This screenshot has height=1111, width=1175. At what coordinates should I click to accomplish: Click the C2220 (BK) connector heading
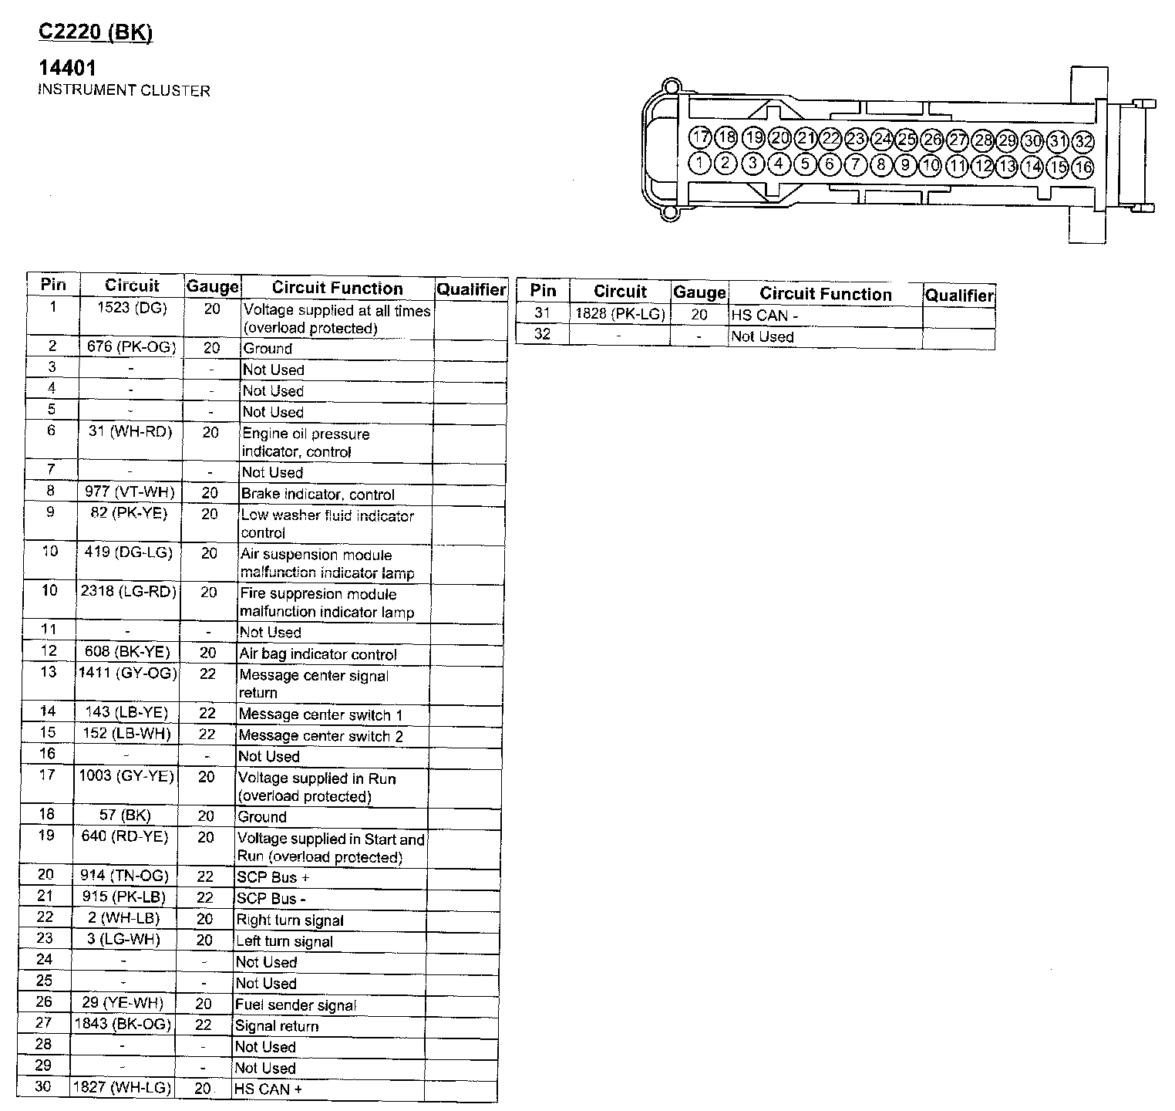96,33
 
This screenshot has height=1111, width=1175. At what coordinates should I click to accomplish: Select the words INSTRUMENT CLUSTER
123,90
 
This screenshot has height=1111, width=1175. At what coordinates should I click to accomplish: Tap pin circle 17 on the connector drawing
700,138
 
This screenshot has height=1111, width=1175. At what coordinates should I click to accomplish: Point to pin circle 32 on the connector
1083,141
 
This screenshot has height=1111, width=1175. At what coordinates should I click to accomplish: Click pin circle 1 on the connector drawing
700,163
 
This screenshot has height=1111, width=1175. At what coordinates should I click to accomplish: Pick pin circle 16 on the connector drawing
1083,167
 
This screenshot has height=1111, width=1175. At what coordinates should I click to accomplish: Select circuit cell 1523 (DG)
132,309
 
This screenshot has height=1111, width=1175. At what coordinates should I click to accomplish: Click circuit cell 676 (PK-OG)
131,347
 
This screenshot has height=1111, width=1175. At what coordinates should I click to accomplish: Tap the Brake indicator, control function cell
318,494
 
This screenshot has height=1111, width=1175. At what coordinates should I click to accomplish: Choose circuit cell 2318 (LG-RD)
129,592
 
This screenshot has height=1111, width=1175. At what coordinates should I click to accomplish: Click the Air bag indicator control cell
318,654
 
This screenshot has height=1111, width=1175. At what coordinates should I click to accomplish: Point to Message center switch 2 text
321,736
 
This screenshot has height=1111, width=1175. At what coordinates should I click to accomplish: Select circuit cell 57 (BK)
125,815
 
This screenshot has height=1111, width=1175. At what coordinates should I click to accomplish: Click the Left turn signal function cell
284,941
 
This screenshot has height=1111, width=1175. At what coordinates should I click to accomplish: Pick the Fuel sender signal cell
295,1005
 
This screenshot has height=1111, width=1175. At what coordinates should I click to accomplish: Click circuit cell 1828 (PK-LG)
620,314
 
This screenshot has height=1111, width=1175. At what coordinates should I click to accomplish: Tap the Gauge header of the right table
699,292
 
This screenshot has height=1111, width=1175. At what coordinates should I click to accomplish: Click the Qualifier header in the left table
471,289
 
